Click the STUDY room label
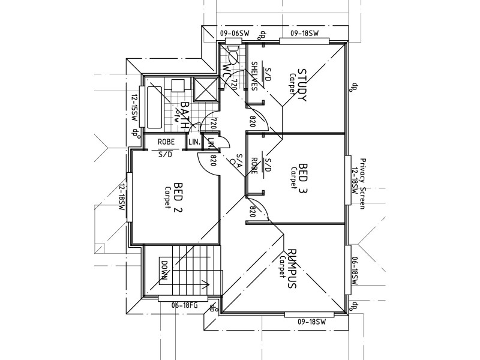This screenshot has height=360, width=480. (302, 85)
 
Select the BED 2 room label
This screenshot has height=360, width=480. (178, 197)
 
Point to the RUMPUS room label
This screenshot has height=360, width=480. (292, 270)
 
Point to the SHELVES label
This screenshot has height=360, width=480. (254, 76)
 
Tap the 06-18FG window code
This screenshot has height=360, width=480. (184, 305)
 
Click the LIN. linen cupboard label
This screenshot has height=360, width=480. (194, 142)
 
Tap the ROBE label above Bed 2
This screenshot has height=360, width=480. (166, 142)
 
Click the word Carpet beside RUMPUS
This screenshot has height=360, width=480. (281, 267)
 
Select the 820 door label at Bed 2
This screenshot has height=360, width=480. (213, 160)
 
